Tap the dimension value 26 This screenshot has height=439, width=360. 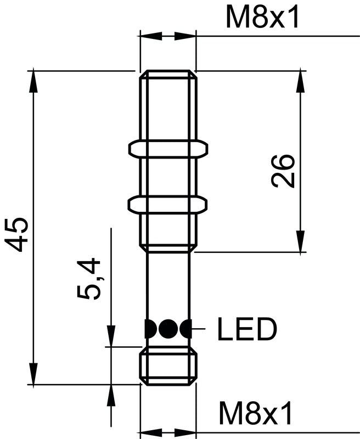click(x=284, y=171)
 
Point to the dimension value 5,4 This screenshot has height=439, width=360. click(x=89, y=279)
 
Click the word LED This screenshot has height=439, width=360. click(x=246, y=329)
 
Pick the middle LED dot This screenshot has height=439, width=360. click(x=167, y=329)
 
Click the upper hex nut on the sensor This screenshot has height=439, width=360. click(x=167, y=148)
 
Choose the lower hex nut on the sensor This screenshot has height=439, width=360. click(x=167, y=204)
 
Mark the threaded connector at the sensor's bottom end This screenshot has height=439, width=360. click(x=168, y=367)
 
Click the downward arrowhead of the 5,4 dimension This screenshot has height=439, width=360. click(x=111, y=336)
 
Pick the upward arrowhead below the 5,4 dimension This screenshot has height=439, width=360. click(x=111, y=395)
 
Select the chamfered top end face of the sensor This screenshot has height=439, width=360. click(x=168, y=73)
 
